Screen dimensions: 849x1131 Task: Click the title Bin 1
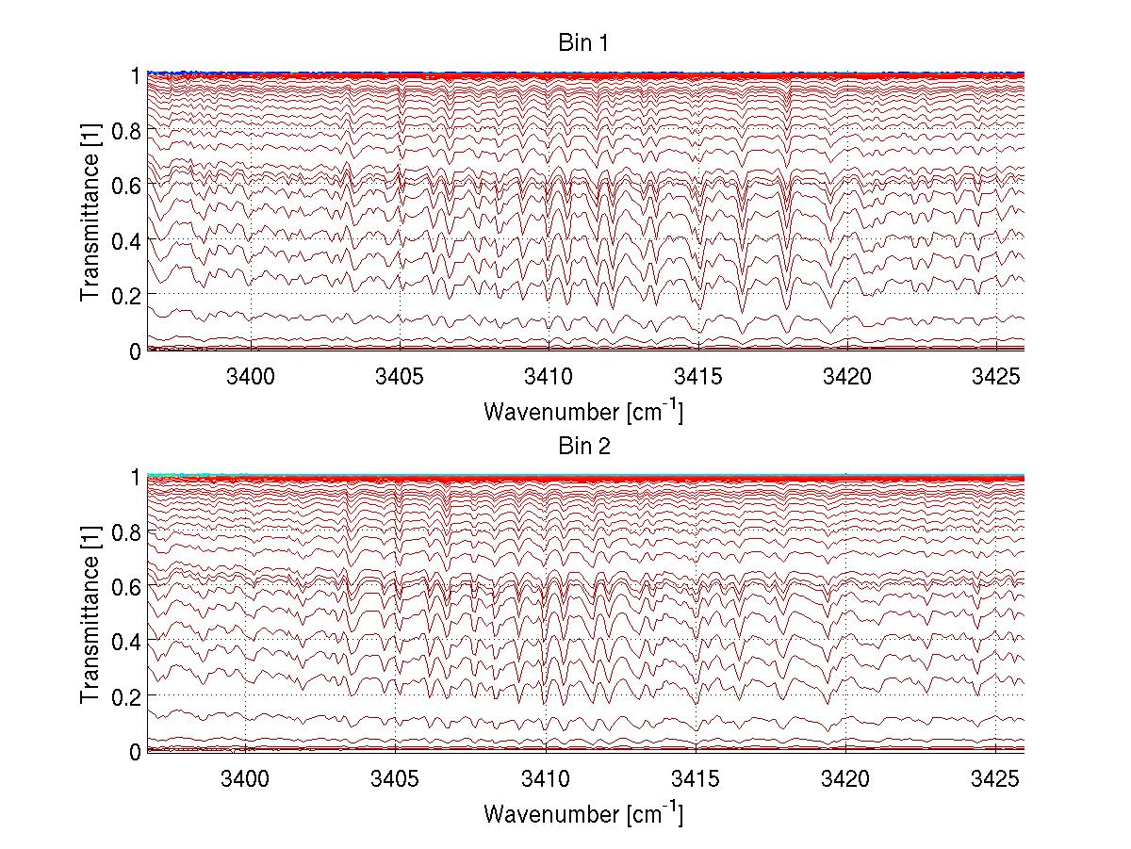(x=584, y=44)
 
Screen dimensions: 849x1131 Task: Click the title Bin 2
(x=584, y=447)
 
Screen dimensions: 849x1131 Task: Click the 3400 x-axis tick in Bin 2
(x=246, y=779)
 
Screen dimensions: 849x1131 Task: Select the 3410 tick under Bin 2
(x=546, y=779)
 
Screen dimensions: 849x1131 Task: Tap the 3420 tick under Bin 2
(x=845, y=779)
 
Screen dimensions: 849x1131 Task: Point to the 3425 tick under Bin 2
(x=995, y=779)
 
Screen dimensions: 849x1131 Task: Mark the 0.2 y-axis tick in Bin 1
(x=129, y=295)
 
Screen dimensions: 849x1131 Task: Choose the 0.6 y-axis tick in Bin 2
(x=129, y=586)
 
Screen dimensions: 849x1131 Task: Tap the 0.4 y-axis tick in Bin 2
(x=129, y=641)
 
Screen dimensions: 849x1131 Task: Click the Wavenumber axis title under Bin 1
(x=583, y=411)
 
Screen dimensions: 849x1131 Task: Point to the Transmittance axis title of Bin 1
(x=90, y=212)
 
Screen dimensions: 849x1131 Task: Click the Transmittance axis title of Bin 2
(x=90, y=614)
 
